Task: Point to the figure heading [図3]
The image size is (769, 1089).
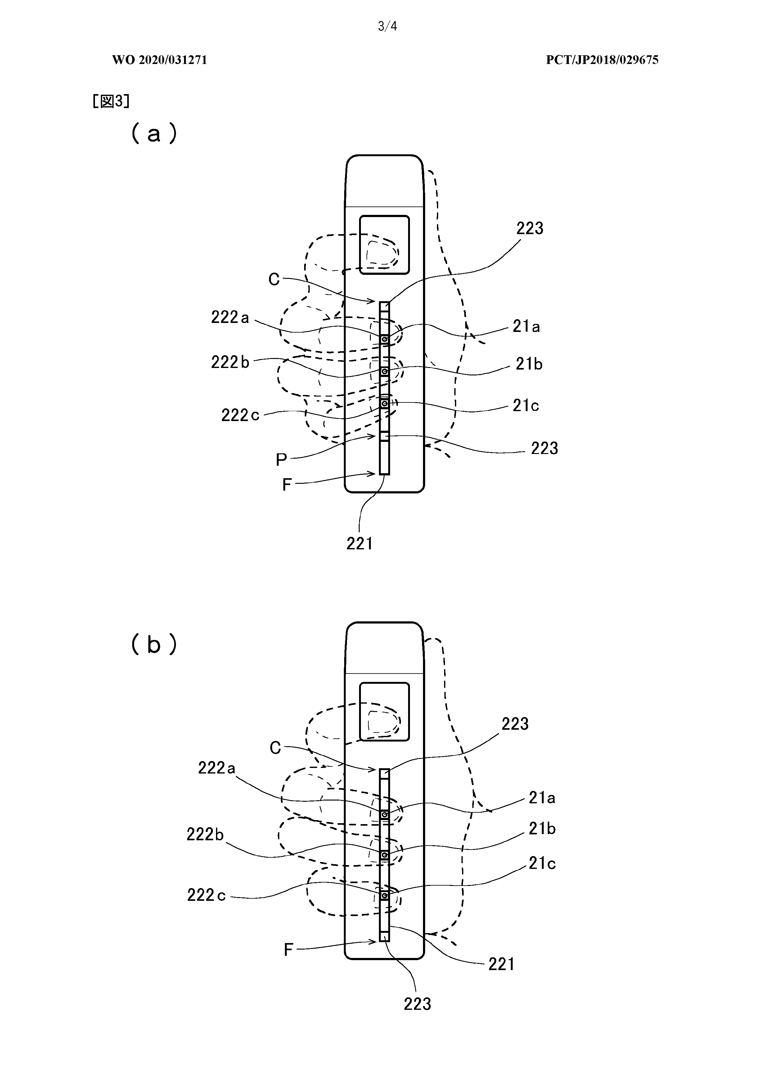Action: (111, 101)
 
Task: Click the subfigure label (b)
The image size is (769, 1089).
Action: (154, 644)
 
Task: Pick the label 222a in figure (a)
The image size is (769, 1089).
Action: (230, 317)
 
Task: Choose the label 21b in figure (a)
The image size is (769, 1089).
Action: (529, 364)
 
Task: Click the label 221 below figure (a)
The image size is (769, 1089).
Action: (359, 543)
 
